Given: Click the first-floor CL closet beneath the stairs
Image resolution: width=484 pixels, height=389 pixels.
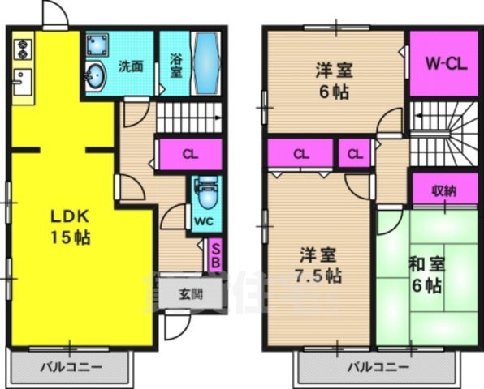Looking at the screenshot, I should tap(189, 154).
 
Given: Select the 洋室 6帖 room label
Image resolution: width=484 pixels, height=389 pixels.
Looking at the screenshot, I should tap(332, 81).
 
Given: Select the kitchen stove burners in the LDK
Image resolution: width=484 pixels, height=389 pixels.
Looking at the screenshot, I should tap(22, 49).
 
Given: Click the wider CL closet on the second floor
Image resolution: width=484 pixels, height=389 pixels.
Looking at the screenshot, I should tap(300, 153).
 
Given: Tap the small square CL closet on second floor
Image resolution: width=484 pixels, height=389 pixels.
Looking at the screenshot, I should tap(354, 153).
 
